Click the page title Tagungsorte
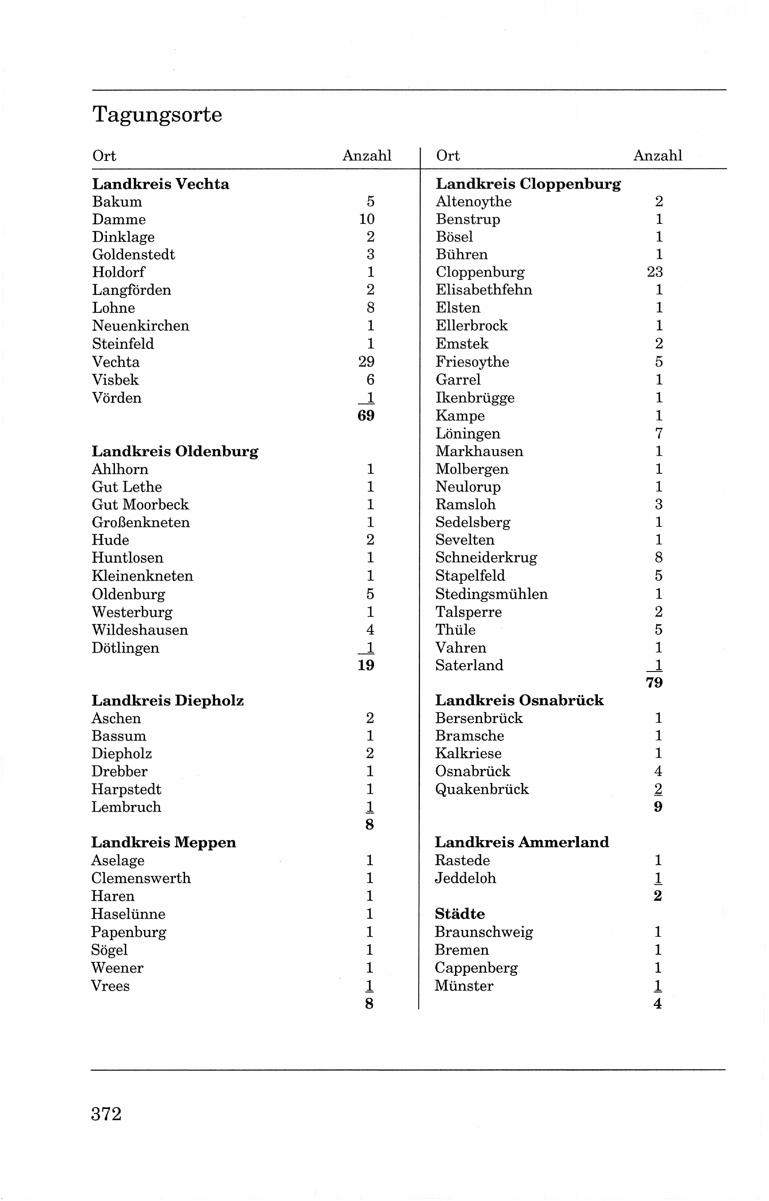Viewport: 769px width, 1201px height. [x=157, y=115]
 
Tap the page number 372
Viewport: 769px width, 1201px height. [x=106, y=1113]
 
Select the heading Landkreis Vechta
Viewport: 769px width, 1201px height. [x=160, y=184]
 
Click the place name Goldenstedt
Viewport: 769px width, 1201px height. [x=133, y=255]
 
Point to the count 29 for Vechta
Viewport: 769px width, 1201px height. [x=366, y=362]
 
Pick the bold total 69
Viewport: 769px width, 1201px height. [x=366, y=416]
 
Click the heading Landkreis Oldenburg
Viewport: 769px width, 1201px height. [x=175, y=452]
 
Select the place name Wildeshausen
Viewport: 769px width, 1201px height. [x=140, y=630]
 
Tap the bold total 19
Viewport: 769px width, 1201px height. [x=366, y=665]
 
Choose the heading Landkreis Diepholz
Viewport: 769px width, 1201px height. [x=167, y=701]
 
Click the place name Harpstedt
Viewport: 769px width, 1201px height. [x=126, y=789]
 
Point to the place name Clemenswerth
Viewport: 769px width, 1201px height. [x=141, y=878]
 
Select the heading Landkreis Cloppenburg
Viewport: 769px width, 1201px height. [x=528, y=184]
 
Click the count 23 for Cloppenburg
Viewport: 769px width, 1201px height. [x=654, y=272]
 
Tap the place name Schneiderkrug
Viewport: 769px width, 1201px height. [x=486, y=557]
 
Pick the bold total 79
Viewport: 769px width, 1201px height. [x=654, y=683]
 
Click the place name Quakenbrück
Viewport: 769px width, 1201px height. [x=482, y=789]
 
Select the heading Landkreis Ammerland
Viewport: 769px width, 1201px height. [x=522, y=842]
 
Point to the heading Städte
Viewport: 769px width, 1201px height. [x=460, y=914]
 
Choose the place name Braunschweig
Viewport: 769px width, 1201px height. [x=483, y=932]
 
